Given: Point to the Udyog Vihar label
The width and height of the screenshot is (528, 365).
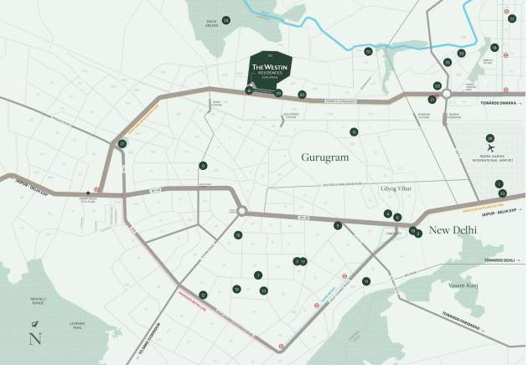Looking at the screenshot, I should coord(396,190).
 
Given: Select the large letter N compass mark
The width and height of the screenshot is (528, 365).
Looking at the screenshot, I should coord(34,339).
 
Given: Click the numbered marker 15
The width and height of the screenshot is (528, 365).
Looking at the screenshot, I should coord(355,132).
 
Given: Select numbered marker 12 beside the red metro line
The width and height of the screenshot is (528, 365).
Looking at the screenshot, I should coord(203,295).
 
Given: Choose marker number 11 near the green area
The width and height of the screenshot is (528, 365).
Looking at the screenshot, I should coord(365,281).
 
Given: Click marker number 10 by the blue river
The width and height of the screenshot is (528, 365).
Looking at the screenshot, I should coord(368,51).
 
